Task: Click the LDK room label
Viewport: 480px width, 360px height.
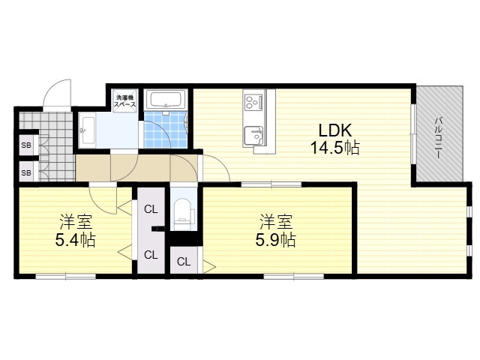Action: [335, 130]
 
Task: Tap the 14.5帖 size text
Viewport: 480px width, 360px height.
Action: [335, 148]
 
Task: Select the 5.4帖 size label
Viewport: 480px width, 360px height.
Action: [76, 240]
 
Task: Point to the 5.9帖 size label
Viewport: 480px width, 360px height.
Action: [275, 240]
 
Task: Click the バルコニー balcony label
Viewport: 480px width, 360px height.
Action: [439, 137]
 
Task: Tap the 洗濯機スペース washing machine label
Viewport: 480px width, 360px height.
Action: [125, 101]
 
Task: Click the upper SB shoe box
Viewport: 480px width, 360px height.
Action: [26, 145]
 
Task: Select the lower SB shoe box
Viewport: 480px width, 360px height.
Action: [26, 173]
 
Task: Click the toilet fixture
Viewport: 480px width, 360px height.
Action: [183, 214]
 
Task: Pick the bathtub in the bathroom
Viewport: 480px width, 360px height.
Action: [165, 99]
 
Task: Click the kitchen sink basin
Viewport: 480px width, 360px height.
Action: [253, 136]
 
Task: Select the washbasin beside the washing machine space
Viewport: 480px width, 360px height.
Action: [88, 130]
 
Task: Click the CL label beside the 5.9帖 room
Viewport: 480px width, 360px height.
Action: [184, 262]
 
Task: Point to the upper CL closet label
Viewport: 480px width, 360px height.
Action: [151, 210]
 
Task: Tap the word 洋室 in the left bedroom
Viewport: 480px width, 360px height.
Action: [76, 222]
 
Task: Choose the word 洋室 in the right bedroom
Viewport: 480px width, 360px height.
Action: [276, 222]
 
